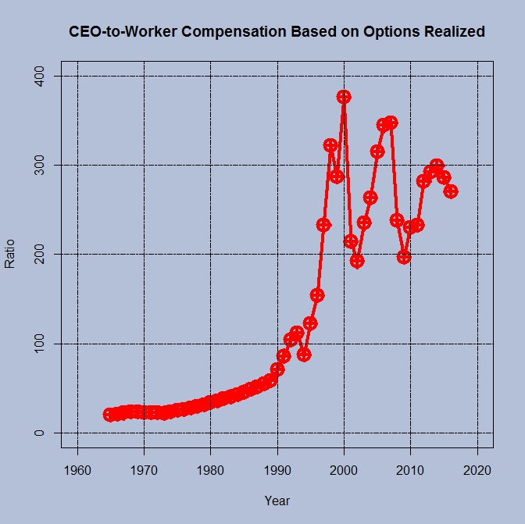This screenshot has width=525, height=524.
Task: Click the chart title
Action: click(x=277, y=32)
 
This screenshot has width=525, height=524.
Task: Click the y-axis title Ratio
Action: click(x=10, y=254)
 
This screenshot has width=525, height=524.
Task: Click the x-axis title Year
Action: click(x=277, y=500)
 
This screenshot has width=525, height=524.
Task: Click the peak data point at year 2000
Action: click(x=344, y=97)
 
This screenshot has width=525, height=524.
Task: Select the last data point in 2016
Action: click(x=451, y=191)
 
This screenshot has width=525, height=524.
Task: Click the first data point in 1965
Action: click(x=111, y=415)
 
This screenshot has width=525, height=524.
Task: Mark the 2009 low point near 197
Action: click(x=404, y=256)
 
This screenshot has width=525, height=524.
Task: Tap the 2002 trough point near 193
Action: click(x=357, y=261)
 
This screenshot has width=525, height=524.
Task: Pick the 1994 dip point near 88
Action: click(x=304, y=355)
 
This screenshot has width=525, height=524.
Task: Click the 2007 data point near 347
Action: click(x=391, y=123)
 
